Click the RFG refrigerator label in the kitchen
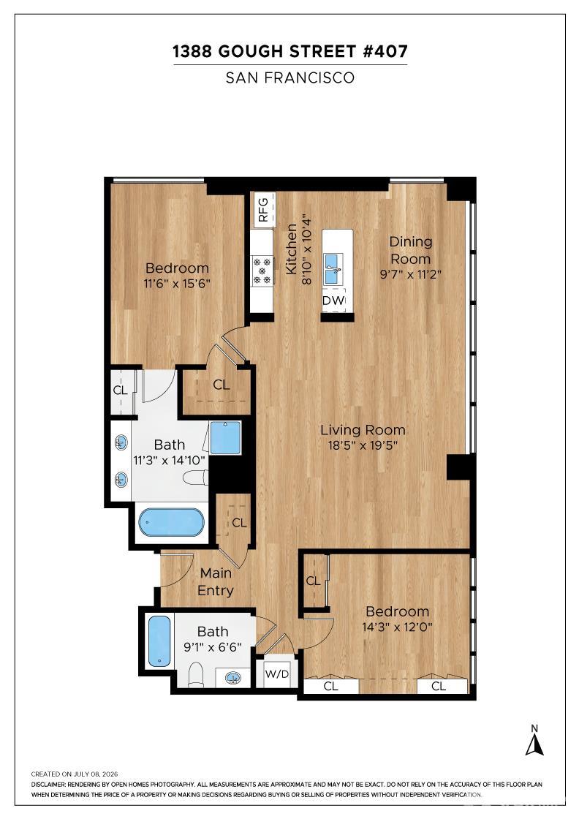point(263,209)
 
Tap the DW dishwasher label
point(333,301)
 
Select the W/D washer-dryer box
point(277,673)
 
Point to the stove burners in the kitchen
point(262,271)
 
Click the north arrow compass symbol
point(534,740)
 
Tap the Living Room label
point(363,430)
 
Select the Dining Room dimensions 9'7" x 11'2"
point(411,274)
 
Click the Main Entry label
point(216,582)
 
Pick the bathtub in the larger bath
point(171,522)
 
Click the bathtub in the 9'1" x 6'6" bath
point(159,641)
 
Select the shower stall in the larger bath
point(225,438)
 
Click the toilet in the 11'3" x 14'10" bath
point(196,478)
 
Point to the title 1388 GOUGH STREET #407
point(290,52)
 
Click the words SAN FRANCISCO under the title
point(290,78)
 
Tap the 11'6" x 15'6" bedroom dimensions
point(177,284)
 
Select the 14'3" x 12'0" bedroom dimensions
point(397,627)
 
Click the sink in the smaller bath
point(233,678)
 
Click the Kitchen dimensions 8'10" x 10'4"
point(306,249)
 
